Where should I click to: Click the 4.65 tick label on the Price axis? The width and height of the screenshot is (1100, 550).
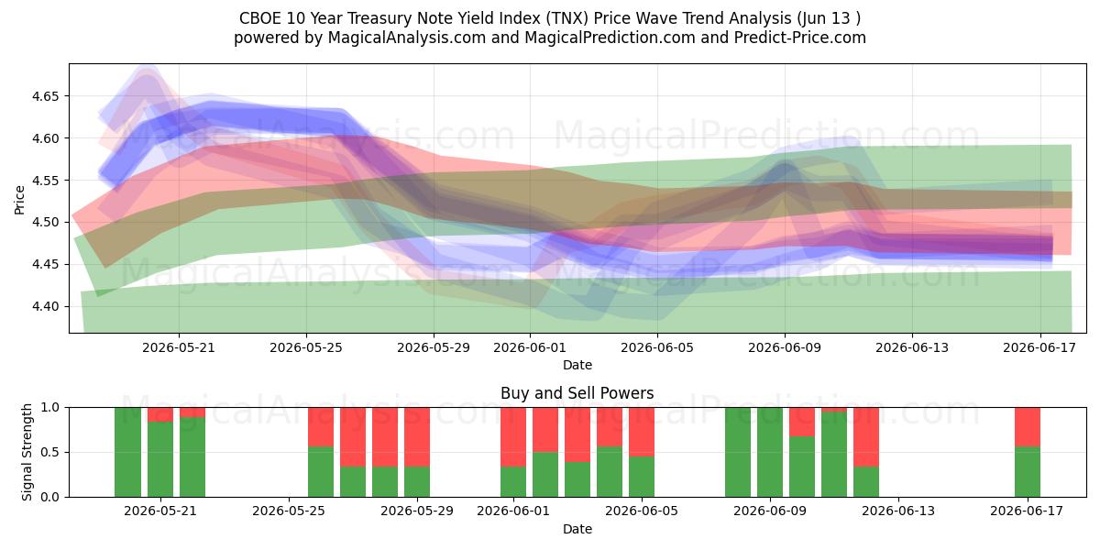45,96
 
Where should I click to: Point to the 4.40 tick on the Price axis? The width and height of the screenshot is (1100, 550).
45,307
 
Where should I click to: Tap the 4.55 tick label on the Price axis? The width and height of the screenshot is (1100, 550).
45,181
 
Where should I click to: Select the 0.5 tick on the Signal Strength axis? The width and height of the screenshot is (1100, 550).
51,452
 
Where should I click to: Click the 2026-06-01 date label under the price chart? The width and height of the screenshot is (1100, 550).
530,348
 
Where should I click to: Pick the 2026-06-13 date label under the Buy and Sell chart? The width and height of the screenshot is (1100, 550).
898,511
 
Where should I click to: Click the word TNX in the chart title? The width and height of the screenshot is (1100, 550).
566,18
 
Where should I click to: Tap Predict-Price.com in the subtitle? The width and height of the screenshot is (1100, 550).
800,38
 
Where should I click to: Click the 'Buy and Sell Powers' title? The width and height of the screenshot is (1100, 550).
577,393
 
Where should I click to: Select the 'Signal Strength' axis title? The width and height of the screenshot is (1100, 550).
27,452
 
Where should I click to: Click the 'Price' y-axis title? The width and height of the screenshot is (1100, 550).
19,200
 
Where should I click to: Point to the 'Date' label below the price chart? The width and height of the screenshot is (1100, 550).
577,366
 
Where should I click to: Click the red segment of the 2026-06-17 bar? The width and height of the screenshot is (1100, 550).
1028,427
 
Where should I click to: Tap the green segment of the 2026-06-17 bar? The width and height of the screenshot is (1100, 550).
1028,472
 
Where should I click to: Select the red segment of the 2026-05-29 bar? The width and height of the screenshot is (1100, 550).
417,437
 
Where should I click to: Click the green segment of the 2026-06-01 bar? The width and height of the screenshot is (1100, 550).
513,482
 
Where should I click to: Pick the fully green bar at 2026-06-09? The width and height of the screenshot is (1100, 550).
770,452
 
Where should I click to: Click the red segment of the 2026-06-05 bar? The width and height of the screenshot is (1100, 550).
642,432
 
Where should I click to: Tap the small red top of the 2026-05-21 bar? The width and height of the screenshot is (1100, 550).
160,414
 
